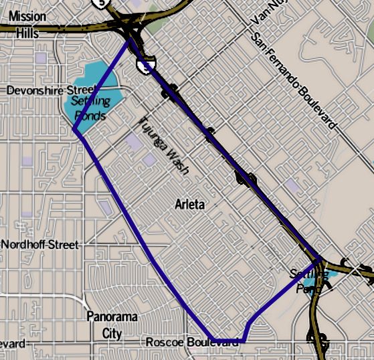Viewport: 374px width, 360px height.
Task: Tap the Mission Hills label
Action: click(x=23, y=23)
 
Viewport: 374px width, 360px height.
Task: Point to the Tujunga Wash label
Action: click(x=164, y=145)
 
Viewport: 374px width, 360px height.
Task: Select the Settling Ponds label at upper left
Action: click(x=88, y=108)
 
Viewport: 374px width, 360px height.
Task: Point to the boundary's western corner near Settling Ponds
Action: click(x=74, y=130)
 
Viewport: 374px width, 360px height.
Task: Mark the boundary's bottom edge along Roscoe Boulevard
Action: click(x=227, y=341)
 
